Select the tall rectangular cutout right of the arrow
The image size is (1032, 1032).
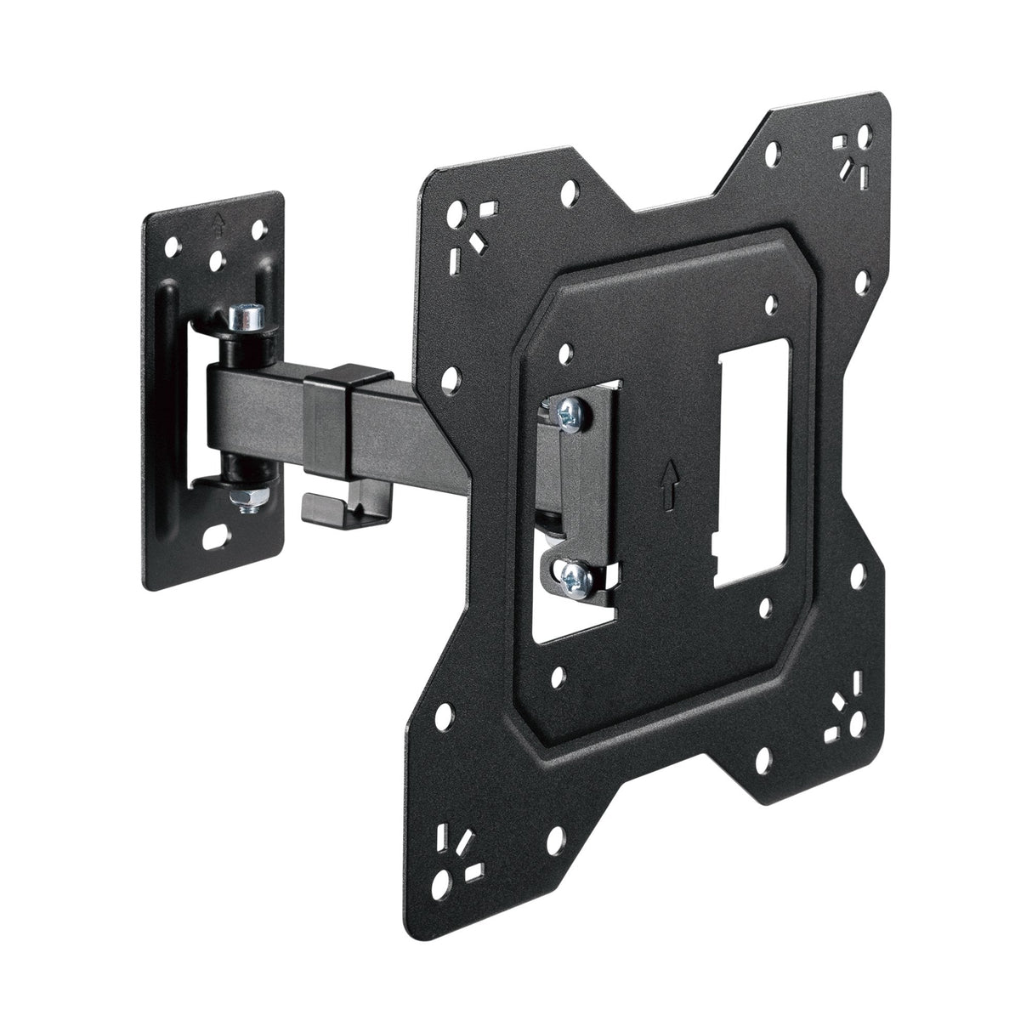pos(755,475)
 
